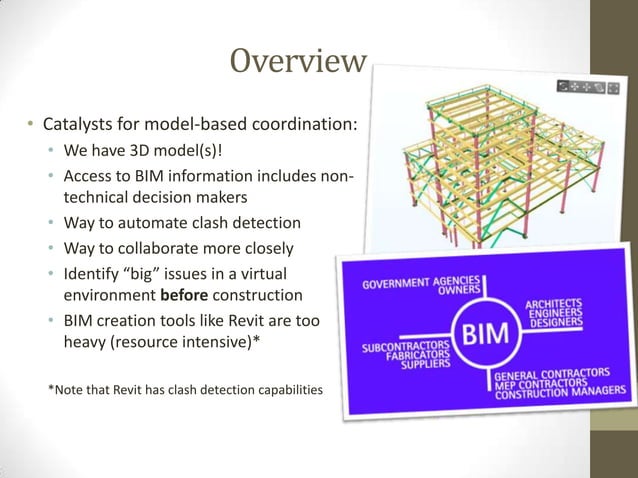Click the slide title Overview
point(297,62)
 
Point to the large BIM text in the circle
point(482,332)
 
